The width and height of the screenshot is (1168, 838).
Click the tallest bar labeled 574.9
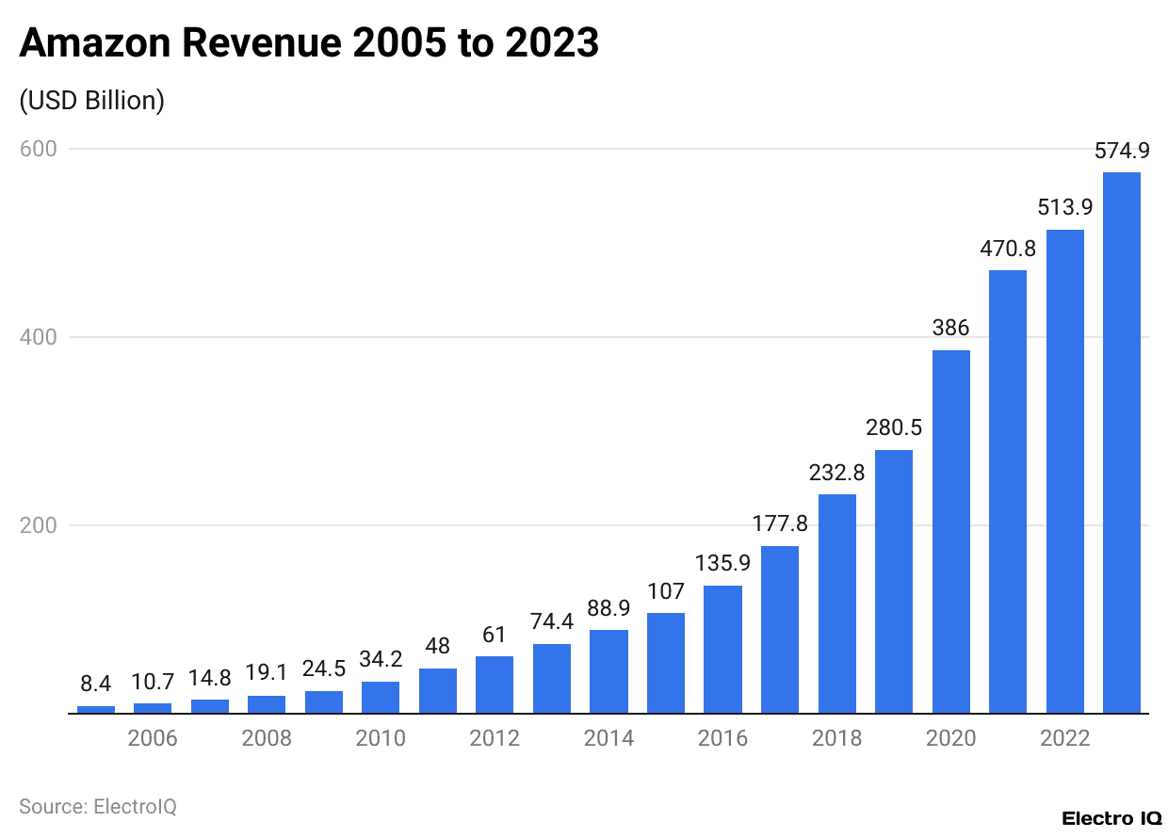click(1121, 443)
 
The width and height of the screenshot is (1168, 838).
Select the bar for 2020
click(950, 532)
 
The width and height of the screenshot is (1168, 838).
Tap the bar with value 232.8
click(836, 604)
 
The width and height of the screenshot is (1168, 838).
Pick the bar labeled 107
click(666, 663)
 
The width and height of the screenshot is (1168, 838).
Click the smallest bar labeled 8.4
click(96, 709)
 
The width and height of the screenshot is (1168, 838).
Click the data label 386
click(950, 330)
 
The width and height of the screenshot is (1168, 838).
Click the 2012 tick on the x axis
click(495, 738)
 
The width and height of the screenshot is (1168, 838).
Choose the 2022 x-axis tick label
click(1064, 738)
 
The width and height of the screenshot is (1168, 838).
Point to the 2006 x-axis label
click(153, 738)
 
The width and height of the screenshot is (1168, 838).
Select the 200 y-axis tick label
click(38, 525)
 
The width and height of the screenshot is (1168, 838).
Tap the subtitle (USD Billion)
click(91, 101)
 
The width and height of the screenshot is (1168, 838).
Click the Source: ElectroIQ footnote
click(98, 807)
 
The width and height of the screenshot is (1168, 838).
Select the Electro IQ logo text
click(1111, 818)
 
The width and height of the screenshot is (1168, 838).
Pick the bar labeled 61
click(495, 685)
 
